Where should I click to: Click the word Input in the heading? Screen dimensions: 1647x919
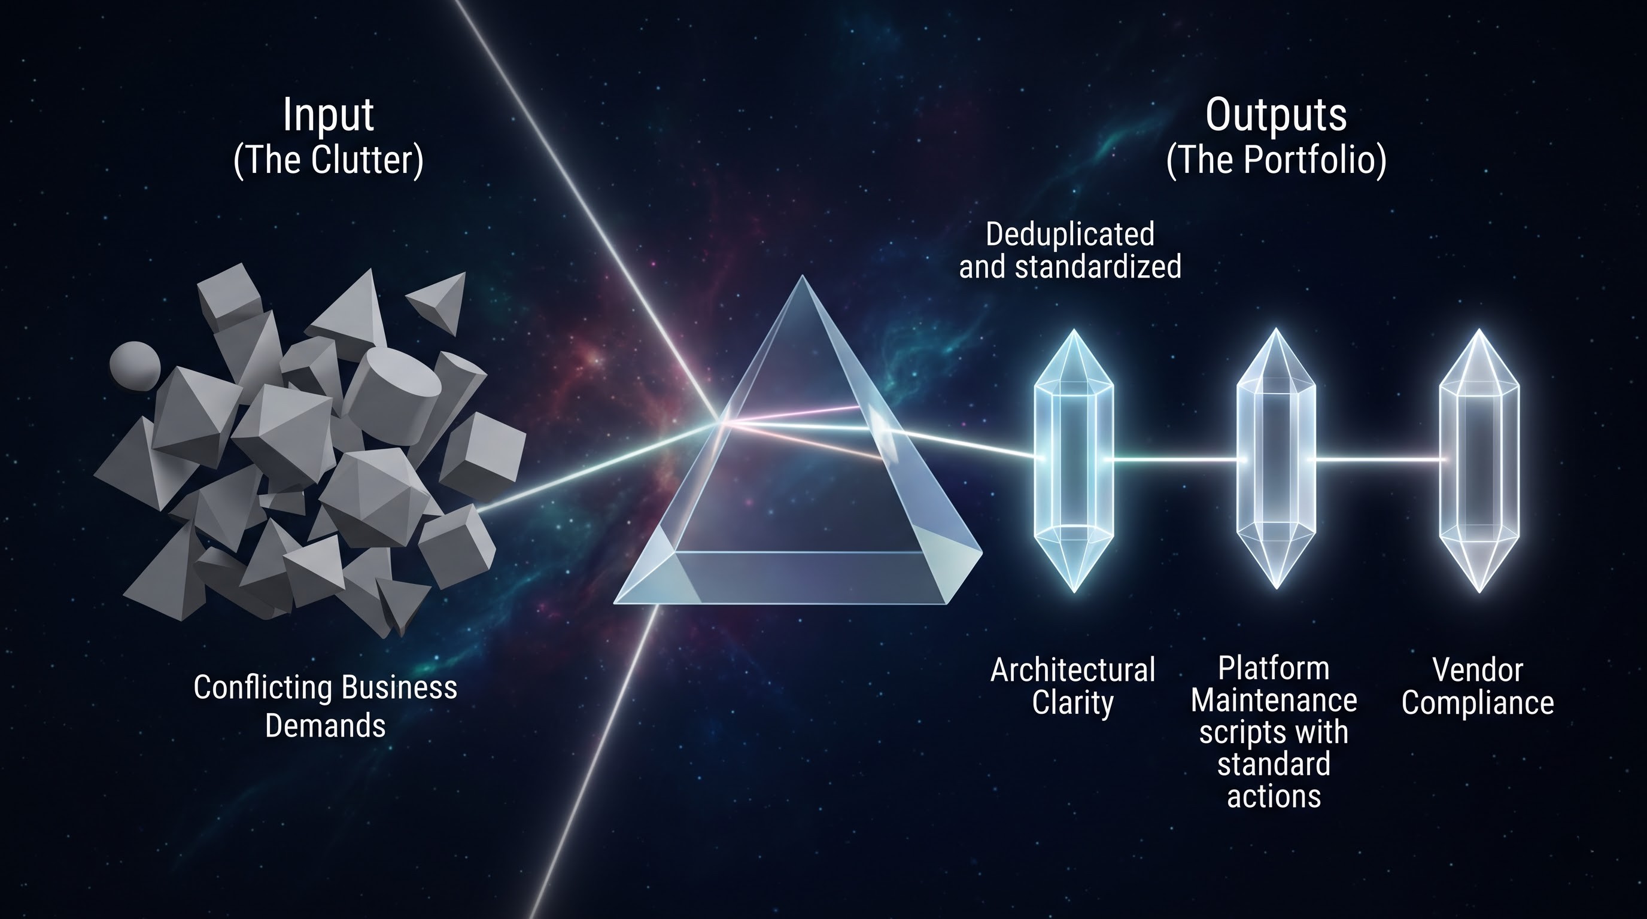(328, 115)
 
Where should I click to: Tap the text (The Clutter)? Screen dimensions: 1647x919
(328, 160)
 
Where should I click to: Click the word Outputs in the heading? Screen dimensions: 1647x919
(1276, 115)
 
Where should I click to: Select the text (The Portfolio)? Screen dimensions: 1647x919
(1276, 160)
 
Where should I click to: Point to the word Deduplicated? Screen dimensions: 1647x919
(1069, 235)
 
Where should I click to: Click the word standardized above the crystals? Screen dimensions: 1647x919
(1098, 266)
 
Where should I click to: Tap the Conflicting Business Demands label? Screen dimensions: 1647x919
(326, 706)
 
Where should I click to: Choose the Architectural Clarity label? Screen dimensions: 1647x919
(1073, 687)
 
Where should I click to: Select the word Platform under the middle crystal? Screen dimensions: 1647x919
(1274, 668)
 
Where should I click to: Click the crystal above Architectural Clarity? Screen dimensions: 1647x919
(1074, 461)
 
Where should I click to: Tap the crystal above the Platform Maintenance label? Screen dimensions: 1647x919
(1276, 458)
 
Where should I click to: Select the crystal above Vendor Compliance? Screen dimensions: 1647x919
(1479, 461)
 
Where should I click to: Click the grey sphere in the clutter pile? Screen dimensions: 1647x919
(135, 365)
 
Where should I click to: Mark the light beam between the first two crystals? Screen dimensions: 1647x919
(1175, 459)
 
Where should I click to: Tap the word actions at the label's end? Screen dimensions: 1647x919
(1274, 796)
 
